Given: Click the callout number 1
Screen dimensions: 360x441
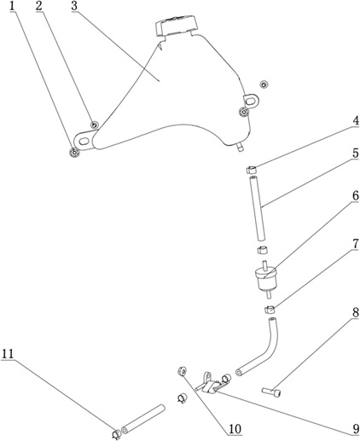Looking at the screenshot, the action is tap(12, 7).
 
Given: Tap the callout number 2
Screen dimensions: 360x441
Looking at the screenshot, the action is tap(39, 7).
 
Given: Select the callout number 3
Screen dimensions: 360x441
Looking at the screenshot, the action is tap(74, 7).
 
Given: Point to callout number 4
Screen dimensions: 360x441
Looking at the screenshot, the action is tap(356, 121).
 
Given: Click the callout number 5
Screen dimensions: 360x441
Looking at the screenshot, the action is tap(356, 154).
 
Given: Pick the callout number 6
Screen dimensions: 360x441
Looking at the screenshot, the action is tap(356, 196).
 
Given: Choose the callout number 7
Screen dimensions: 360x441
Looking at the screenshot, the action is tap(356, 244).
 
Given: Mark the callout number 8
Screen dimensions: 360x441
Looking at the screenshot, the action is tap(356, 313).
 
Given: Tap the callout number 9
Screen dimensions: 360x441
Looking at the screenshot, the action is tap(356, 429).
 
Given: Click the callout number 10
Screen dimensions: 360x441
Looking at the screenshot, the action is tap(235, 429).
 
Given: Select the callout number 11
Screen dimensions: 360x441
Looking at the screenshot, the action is tap(8, 354).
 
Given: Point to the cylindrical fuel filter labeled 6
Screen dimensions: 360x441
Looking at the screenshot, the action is tap(266, 279).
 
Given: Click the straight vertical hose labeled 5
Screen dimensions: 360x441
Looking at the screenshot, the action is tap(257, 208).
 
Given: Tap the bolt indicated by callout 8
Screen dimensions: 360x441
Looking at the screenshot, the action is tap(271, 392).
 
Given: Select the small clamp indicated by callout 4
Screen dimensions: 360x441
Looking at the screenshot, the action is tap(251, 170).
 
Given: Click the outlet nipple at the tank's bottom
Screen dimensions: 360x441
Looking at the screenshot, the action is tap(240, 147).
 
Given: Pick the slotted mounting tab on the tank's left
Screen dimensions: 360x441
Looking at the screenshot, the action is tap(84, 141).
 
